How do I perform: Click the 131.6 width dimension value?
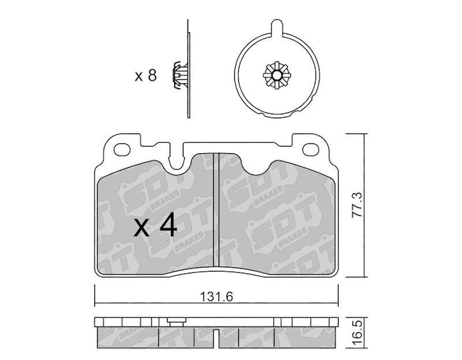[x=216, y=296]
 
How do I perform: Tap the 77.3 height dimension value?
[x=357, y=206]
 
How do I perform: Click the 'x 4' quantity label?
[x=155, y=226]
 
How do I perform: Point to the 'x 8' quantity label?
[x=146, y=76]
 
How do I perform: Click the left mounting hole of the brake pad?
[x=122, y=149]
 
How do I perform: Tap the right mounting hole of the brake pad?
[x=311, y=149]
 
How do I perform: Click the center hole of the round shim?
[x=277, y=76]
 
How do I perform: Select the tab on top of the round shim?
[x=277, y=27]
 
